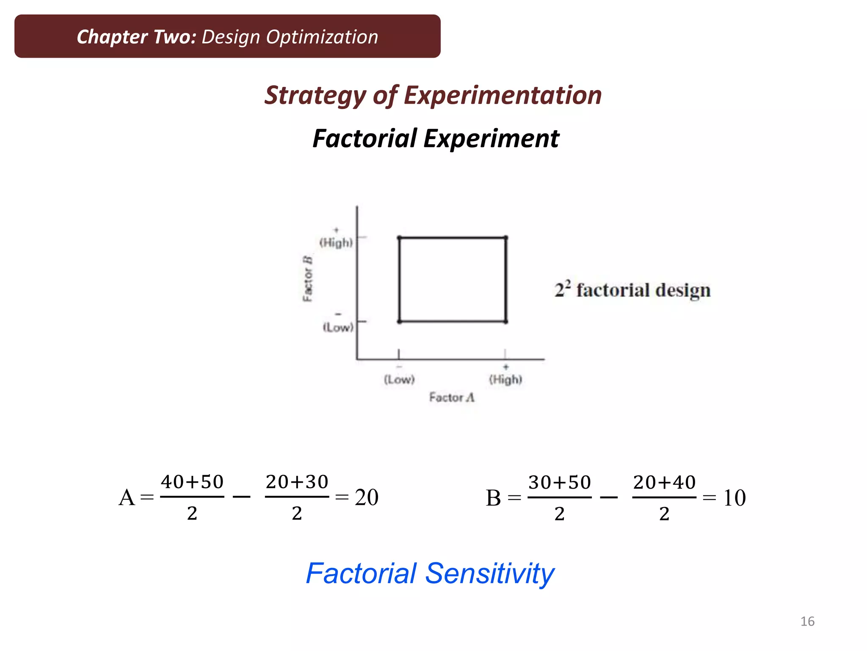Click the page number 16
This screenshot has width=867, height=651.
coord(807,621)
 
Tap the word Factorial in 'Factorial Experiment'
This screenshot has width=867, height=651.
coord(364,139)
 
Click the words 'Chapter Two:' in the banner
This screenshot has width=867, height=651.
coord(136,37)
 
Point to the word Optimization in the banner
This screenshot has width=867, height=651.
coord(322,37)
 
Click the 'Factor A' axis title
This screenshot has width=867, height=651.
coord(452,398)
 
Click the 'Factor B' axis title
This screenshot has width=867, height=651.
coord(308,278)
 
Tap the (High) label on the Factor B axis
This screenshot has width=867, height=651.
coord(336,242)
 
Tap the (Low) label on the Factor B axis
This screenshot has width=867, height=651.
coord(338,327)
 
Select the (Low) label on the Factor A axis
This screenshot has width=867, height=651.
coord(399,379)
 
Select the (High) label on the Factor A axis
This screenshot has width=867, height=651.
coord(505,379)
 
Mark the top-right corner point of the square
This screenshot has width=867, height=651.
coord(505,238)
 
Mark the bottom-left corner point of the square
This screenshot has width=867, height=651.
coord(399,322)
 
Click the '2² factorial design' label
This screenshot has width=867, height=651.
coord(632,290)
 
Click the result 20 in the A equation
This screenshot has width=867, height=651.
coord(367,497)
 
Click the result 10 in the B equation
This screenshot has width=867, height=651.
coord(734,498)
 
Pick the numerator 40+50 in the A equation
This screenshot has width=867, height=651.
coord(192,482)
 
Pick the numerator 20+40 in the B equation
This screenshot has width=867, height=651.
coord(664,482)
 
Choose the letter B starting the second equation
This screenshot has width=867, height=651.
coord(493,498)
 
